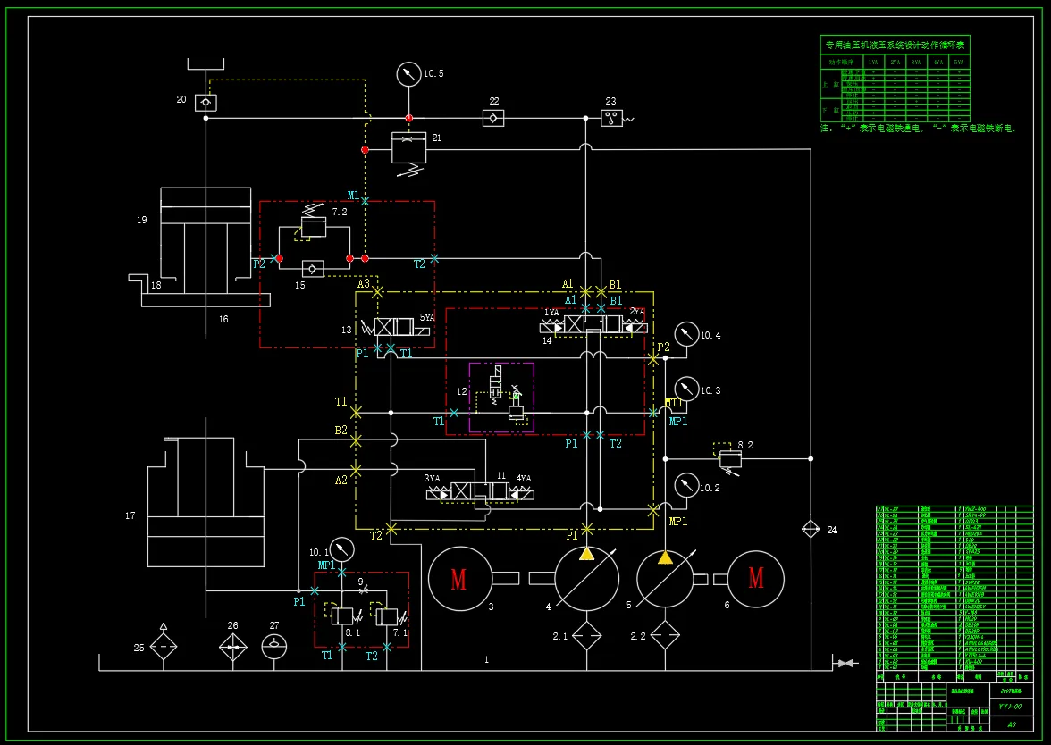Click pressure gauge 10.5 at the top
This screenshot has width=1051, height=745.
pos(408,74)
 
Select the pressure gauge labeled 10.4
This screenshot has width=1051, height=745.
pos(686,334)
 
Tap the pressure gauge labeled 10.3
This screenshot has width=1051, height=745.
pos(686,389)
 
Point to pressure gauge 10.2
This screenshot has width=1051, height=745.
pos(686,485)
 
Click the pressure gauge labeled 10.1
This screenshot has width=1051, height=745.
pos(341,548)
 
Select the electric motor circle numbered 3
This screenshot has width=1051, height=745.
pos(459,579)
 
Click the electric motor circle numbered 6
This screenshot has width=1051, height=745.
pos(756,579)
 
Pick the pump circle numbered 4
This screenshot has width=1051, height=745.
pos(586,579)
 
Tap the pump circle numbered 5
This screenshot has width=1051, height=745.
pos(666,579)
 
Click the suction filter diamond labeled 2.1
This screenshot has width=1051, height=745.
pos(586,636)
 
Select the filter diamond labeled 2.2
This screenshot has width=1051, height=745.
pos(666,636)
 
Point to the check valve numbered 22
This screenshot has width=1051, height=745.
pos(493,117)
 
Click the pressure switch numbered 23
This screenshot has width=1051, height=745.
pos(612,118)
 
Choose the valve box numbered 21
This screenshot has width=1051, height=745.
pos(409,147)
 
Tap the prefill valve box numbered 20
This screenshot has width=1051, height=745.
pos(206,102)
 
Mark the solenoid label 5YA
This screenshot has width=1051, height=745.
pos(428,318)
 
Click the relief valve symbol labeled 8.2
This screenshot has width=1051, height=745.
pos(730,458)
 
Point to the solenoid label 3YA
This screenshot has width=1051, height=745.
pos(433,479)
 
